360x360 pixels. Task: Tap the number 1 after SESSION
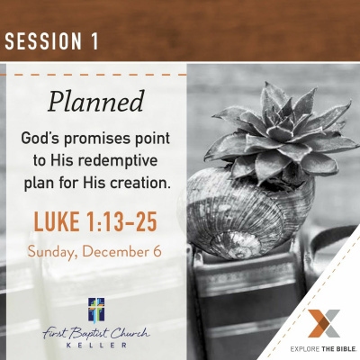[94, 40]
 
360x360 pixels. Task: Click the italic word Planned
[96, 102]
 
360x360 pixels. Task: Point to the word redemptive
[118, 160]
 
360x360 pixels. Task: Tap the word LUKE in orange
[57, 221]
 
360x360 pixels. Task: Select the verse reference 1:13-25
[121, 221]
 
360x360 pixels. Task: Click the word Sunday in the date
[50, 252]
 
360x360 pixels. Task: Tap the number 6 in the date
[157, 251]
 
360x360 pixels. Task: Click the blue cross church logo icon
[96, 310]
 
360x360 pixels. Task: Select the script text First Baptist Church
[96, 333]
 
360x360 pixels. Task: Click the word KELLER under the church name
[96, 345]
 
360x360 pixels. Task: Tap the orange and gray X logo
[323, 323]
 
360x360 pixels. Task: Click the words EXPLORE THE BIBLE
[323, 348]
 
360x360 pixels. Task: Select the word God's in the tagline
[40, 138]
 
